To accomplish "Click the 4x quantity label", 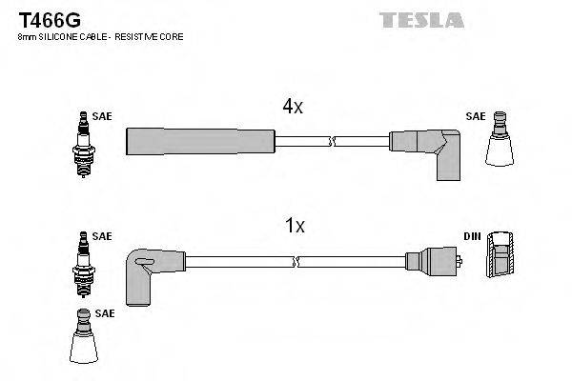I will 292,108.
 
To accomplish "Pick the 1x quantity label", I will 295,227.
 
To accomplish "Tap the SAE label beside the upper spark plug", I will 103,115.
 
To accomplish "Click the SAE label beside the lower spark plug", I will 103,235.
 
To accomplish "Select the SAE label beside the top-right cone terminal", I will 475,115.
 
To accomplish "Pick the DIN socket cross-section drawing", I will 501,257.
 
